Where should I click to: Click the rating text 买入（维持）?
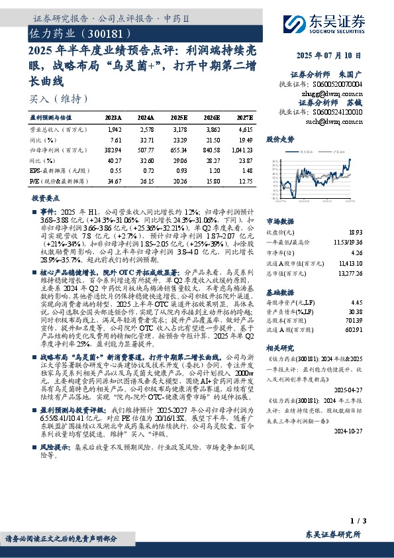tap(59, 99)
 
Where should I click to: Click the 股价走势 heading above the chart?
tap(279, 140)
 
